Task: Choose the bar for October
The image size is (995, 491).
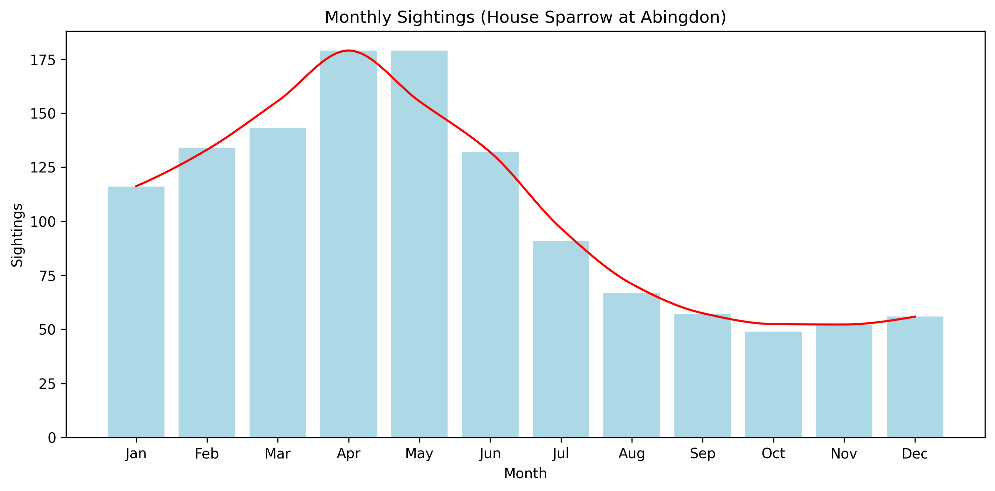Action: point(773,384)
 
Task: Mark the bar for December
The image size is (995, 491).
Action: point(915,377)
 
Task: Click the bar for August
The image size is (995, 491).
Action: point(632,365)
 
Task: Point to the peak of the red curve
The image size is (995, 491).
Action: point(348,51)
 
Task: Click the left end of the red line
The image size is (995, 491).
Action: point(136,187)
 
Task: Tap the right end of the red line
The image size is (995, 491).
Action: point(915,317)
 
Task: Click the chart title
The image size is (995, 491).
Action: point(525,17)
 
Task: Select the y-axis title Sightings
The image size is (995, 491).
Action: point(17,235)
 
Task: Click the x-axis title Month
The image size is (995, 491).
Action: point(525,473)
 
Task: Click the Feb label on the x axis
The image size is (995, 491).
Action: point(207,453)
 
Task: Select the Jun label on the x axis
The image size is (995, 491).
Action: point(490,453)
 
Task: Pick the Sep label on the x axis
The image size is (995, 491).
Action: point(703,453)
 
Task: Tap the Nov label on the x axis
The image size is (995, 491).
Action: point(844,453)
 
